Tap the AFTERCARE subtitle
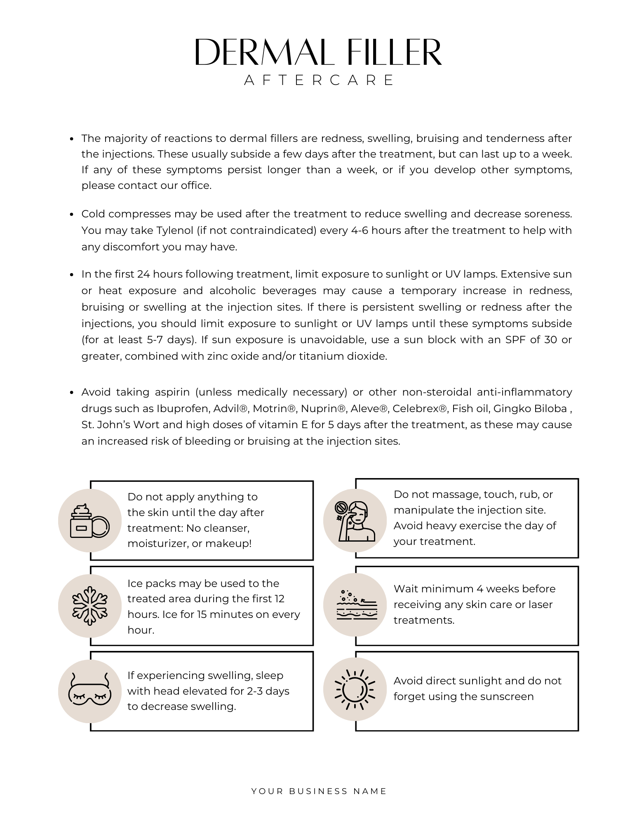click(319, 80)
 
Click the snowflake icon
click(90, 605)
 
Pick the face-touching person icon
click(355, 521)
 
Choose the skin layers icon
click(355, 605)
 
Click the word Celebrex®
click(419, 408)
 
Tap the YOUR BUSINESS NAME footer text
click(319, 791)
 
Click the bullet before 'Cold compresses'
click(72, 214)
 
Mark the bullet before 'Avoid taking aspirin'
click(72, 392)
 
